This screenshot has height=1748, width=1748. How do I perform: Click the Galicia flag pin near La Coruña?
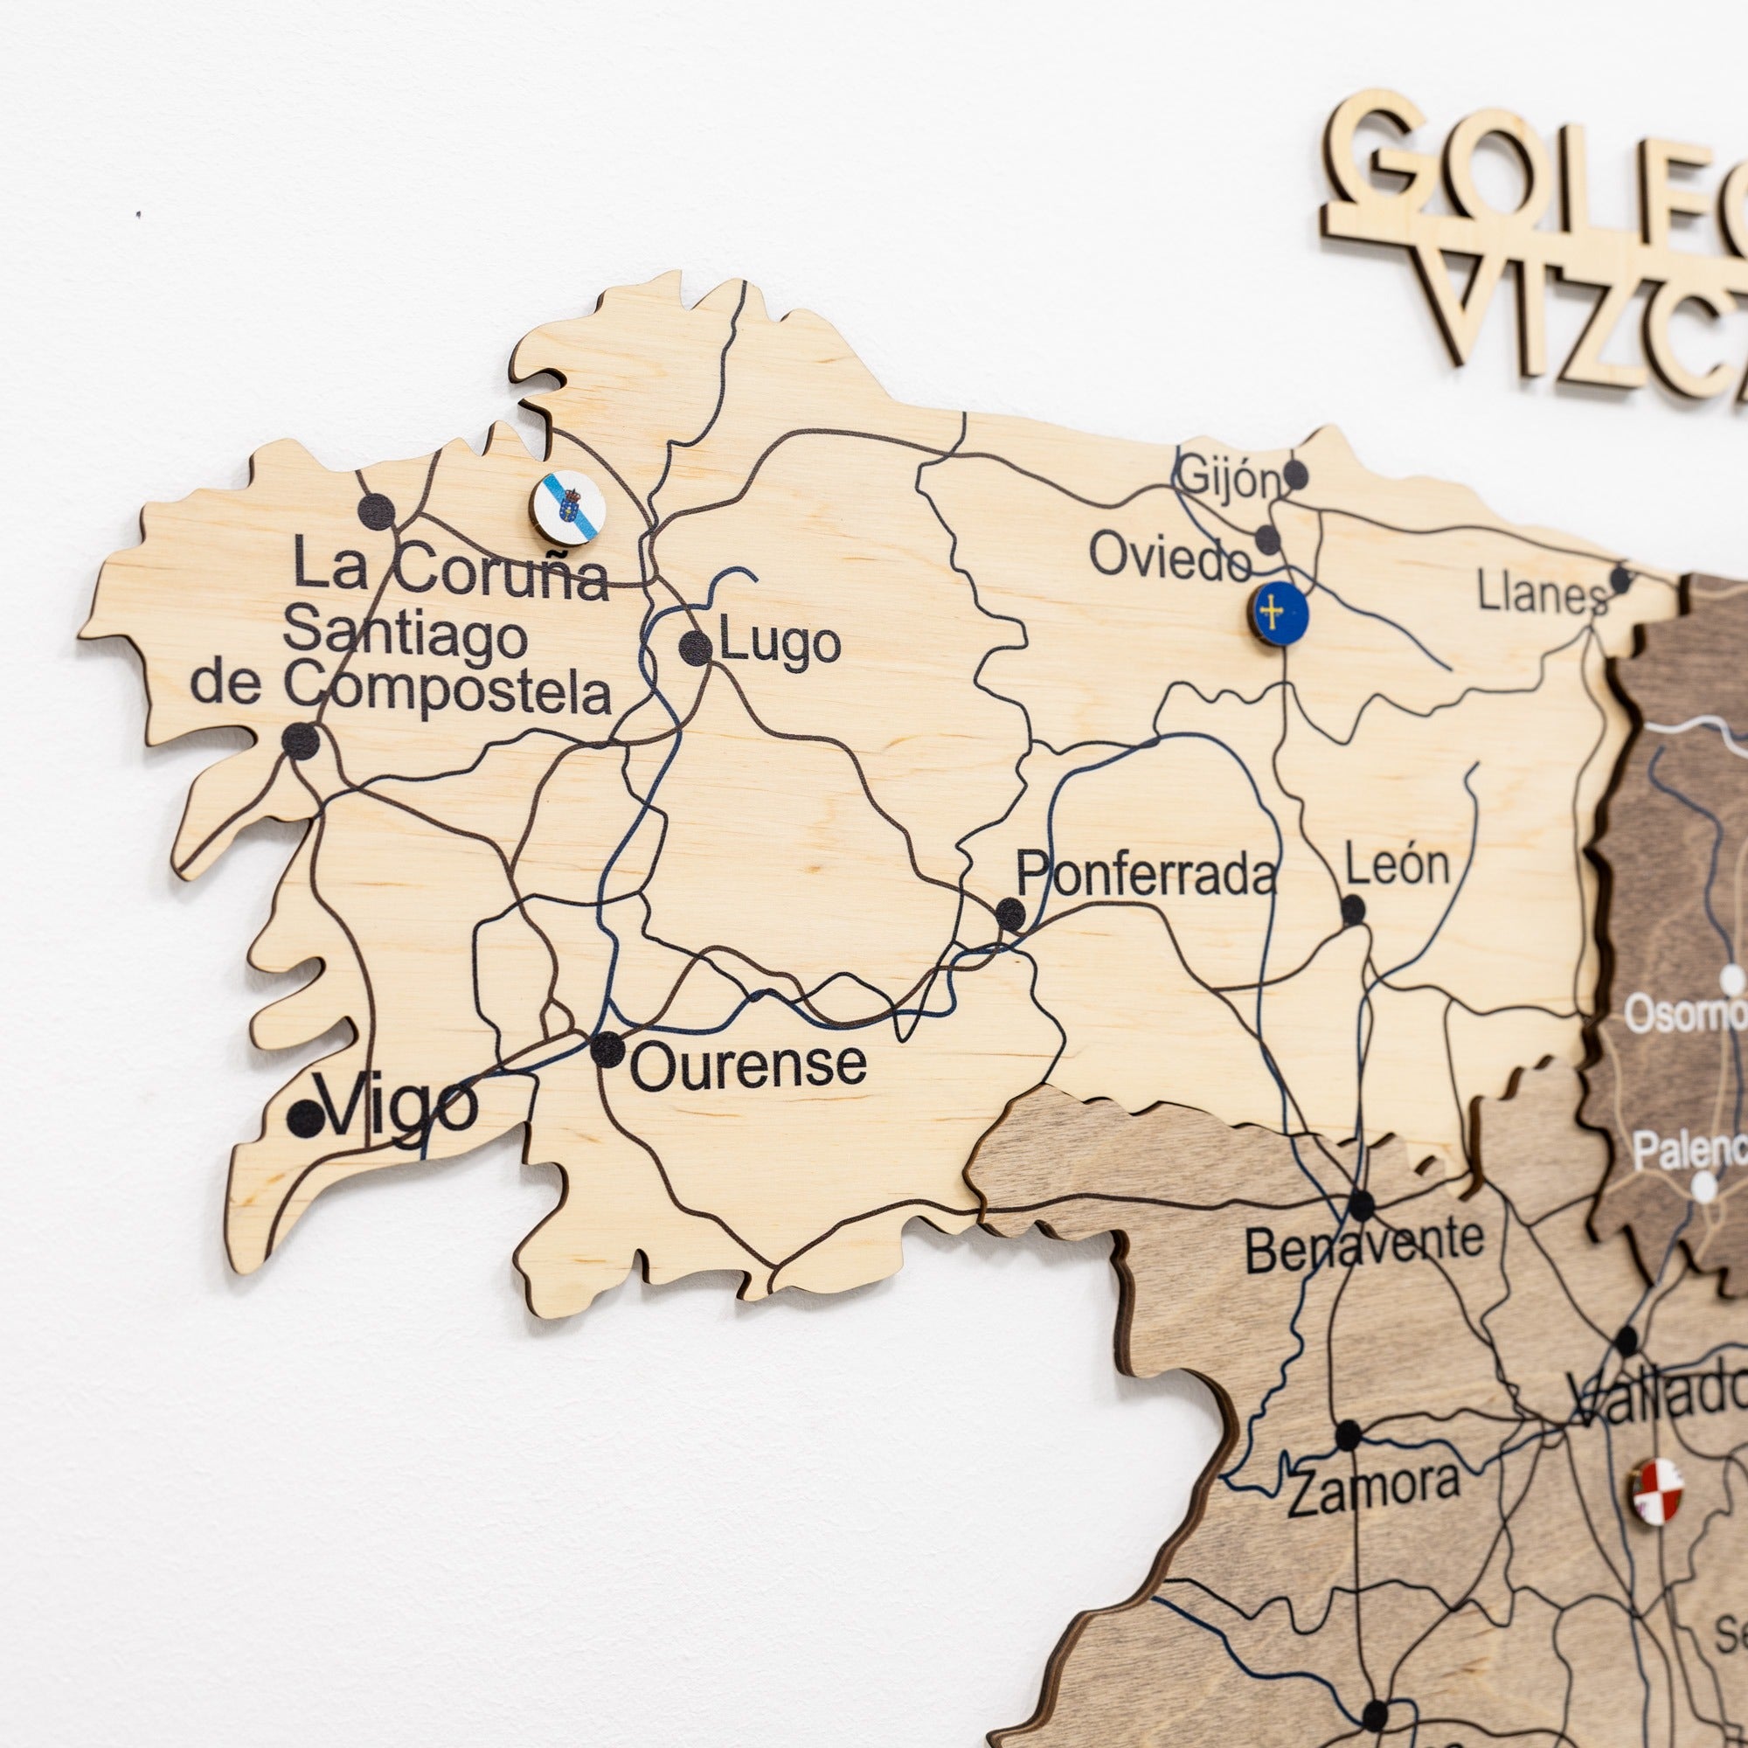click(x=568, y=508)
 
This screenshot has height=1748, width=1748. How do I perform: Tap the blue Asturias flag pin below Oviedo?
click(x=1281, y=614)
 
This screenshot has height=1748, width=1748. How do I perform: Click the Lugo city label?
click(x=780, y=644)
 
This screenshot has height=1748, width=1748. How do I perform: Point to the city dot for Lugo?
click(x=695, y=648)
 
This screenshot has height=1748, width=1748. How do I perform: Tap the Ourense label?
click(x=747, y=1065)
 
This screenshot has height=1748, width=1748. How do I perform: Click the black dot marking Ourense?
click(x=608, y=1050)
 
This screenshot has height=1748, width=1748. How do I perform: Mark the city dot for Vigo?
click(x=305, y=1120)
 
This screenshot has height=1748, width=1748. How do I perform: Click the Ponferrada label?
click(x=1146, y=875)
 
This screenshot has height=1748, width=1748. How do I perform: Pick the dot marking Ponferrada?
click(x=1010, y=915)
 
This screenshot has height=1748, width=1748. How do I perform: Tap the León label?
click(x=1397, y=865)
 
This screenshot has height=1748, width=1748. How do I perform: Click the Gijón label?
click(x=1229, y=480)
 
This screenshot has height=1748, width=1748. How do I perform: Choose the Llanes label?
click(x=1542, y=594)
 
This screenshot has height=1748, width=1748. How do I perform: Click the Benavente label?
click(x=1363, y=1250)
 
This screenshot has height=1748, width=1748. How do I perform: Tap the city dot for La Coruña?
click(x=377, y=512)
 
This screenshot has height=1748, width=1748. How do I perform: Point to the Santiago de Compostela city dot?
click(x=301, y=742)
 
